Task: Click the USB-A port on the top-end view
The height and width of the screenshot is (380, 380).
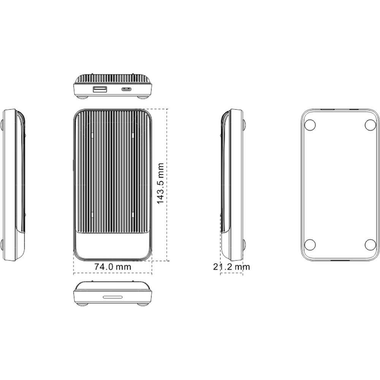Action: (x=100, y=90)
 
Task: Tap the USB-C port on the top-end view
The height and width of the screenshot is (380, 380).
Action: (x=126, y=90)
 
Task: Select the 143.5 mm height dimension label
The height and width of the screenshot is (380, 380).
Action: (x=160, y=184)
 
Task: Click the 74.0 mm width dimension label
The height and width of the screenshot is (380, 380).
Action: (x=112, y=267)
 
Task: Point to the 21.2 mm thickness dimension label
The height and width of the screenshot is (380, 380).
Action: (x=231, y=267)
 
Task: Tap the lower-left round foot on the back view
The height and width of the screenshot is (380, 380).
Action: (x=310, y=244)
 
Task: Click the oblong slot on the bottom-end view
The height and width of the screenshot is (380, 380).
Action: (x=113, y=297)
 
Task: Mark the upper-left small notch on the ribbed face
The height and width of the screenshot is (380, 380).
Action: (x=92, y=135)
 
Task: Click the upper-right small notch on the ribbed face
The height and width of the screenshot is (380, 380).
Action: (x=131, y=135)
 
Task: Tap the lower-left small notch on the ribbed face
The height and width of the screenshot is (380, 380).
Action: (x=92, y=215)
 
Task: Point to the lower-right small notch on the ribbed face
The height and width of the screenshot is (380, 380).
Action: (x=131, y=215)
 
